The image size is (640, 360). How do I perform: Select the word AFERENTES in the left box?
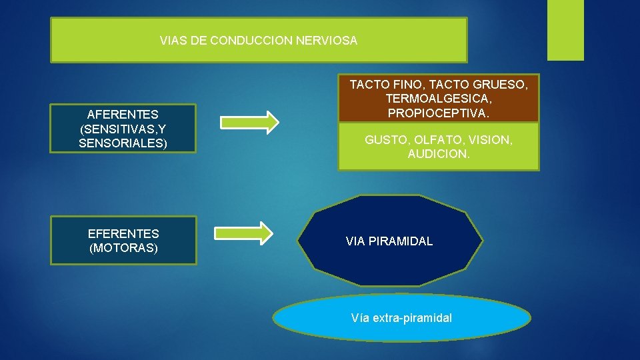[x=123, y=114]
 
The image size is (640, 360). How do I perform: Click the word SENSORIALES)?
[x=123, y=143]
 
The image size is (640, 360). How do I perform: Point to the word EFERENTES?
[x=123, y=234]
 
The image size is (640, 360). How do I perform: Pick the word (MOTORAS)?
[x=123, y=249]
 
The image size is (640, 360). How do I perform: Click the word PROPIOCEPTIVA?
[x=437, y=114]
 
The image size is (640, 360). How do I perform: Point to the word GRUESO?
[x=500, y=85]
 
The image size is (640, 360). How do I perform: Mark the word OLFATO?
[x=433, y=141]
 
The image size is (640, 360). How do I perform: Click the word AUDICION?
[x=439, y=155]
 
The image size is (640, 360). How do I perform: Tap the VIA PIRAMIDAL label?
[x=389, y=241]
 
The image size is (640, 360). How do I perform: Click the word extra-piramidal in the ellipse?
[x=412, y=318]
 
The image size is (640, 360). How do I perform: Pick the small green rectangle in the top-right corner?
[x=565, y=30]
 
